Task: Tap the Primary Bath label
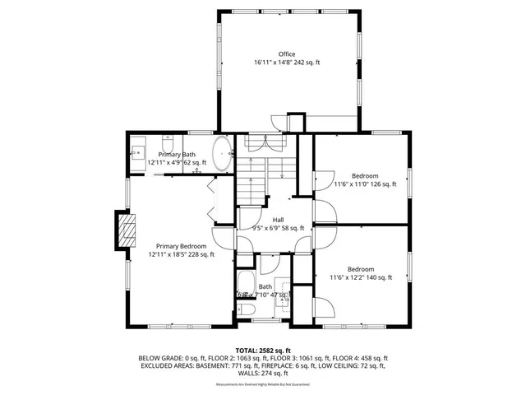[177, 155]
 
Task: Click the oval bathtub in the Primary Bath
[223, 154]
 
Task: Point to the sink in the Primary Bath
[138, 152]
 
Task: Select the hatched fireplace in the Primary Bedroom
[125, 230]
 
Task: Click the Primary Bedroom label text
[182, 246]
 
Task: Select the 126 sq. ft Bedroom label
[365, 176]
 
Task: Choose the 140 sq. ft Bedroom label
[360, 269]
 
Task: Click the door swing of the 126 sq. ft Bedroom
[323, 183]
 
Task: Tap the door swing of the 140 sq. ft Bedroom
[325, 307]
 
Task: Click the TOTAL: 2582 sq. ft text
[262, 351]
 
